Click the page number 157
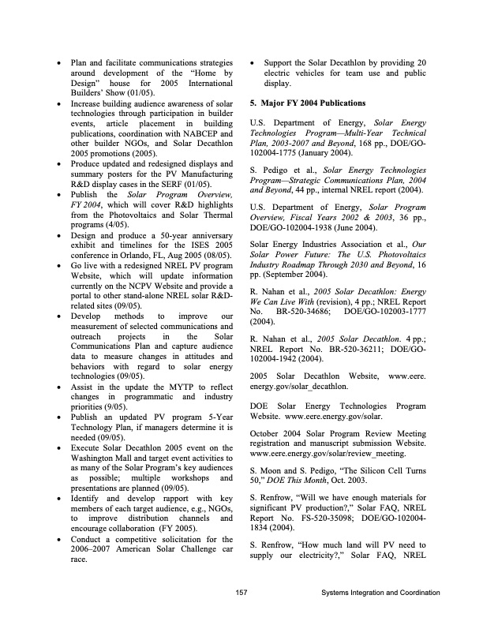coord(241,593)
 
